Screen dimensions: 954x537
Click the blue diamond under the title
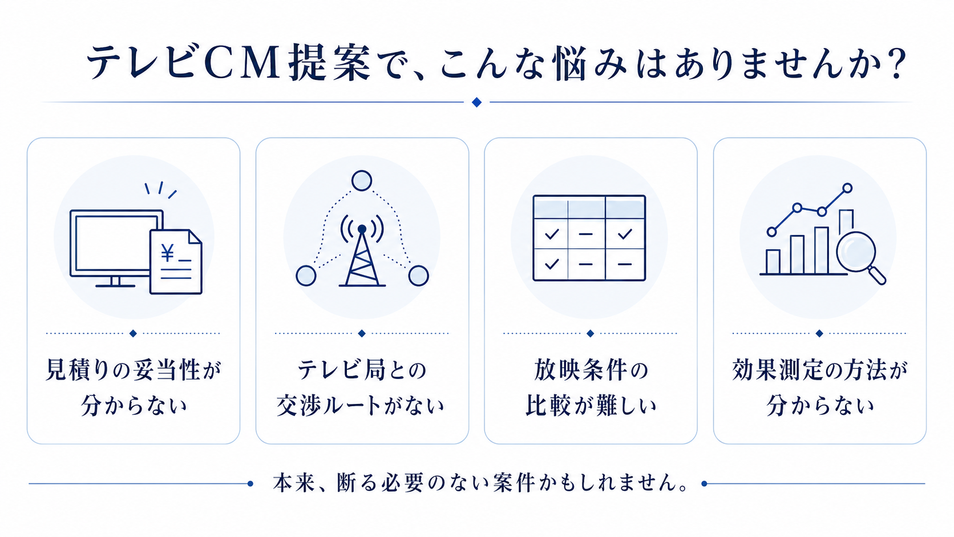[477, 102]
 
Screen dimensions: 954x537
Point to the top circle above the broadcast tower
[362, 180]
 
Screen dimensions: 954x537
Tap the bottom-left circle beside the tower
[306, 276]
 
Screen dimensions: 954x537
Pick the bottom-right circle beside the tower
[418, 276]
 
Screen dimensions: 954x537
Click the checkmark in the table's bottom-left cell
[552, 264]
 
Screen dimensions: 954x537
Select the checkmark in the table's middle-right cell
[625, 234]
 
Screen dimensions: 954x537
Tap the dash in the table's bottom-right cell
[625, 264]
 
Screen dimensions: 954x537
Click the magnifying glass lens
[856, 251]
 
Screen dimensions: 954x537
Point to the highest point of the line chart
[847, 188]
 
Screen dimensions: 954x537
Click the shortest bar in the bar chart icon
[773, 261]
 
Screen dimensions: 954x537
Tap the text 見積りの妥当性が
[134, 370]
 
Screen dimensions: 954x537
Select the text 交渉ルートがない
[361, 405]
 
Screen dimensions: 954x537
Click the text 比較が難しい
[591, 405]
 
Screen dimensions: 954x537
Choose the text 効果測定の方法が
[820, 370]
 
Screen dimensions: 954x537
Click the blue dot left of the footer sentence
[250, 484]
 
